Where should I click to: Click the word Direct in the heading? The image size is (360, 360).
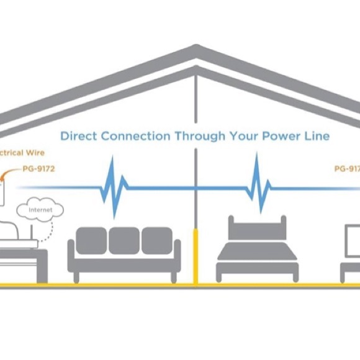coord(78,135)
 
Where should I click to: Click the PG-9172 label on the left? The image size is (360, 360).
coord(38,168)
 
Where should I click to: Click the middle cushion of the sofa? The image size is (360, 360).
coord(124,240)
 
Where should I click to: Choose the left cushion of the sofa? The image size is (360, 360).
coord(91,240)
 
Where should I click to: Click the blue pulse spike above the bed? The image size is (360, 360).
coord(256,184)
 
